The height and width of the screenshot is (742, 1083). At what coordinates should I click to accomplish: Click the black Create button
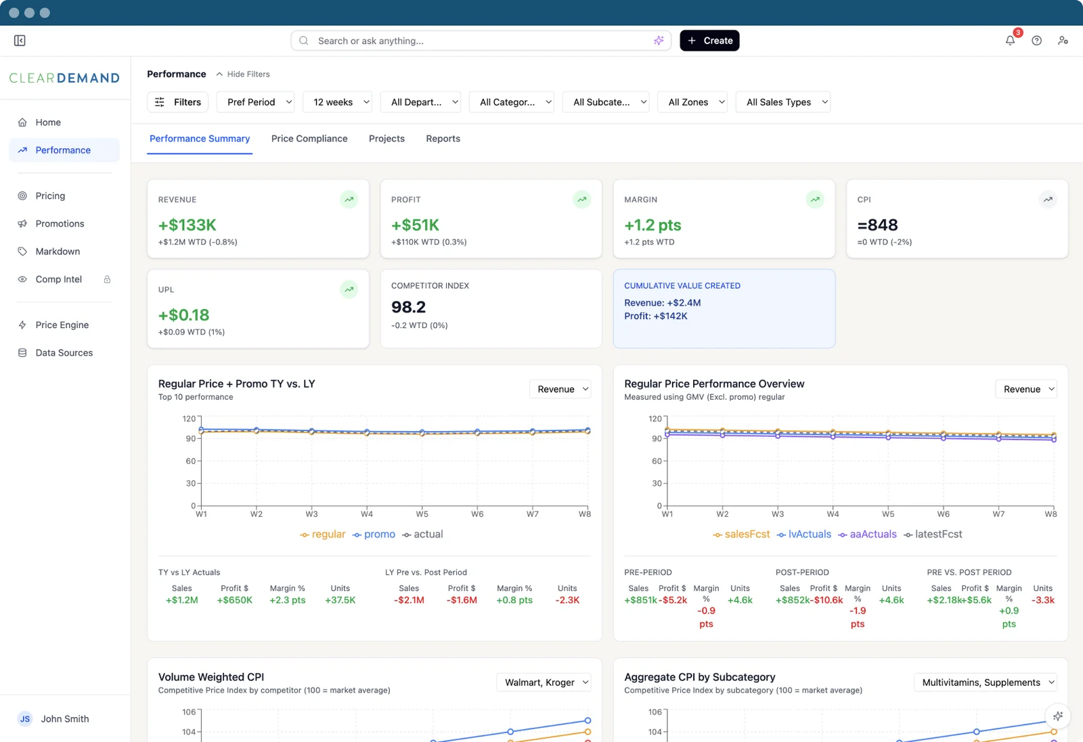[709, 41]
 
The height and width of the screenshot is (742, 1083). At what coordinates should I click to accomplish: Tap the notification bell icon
[1010, 41]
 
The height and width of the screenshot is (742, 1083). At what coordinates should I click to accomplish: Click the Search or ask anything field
[481, 41]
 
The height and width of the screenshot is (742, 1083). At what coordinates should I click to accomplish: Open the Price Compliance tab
[309, 139]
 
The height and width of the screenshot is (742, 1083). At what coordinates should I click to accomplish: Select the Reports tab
[443, 139]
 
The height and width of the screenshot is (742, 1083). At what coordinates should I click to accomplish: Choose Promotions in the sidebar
[60, 224]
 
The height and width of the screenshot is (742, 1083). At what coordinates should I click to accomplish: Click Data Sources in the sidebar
[64, 352]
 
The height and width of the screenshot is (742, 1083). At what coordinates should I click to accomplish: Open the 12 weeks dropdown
[338, 102]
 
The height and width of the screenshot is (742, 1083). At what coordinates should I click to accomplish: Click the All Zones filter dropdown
[692, 102]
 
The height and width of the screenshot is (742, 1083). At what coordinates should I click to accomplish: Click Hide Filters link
[243, 74]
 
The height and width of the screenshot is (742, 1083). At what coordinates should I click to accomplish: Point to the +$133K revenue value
[187, 225]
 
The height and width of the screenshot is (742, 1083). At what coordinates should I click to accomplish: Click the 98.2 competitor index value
[409, 307]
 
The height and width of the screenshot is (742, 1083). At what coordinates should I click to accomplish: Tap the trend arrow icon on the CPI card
[1048, 200]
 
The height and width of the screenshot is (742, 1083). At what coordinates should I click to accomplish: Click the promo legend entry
[374, 534]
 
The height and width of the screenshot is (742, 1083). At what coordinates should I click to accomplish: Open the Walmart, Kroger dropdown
[544, 682]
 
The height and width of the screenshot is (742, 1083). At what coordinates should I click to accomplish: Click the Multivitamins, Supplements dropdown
[986, 682]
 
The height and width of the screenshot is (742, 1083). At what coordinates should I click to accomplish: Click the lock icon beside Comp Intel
[108, 279]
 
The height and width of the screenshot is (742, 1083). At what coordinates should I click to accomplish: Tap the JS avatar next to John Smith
[25, 719]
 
